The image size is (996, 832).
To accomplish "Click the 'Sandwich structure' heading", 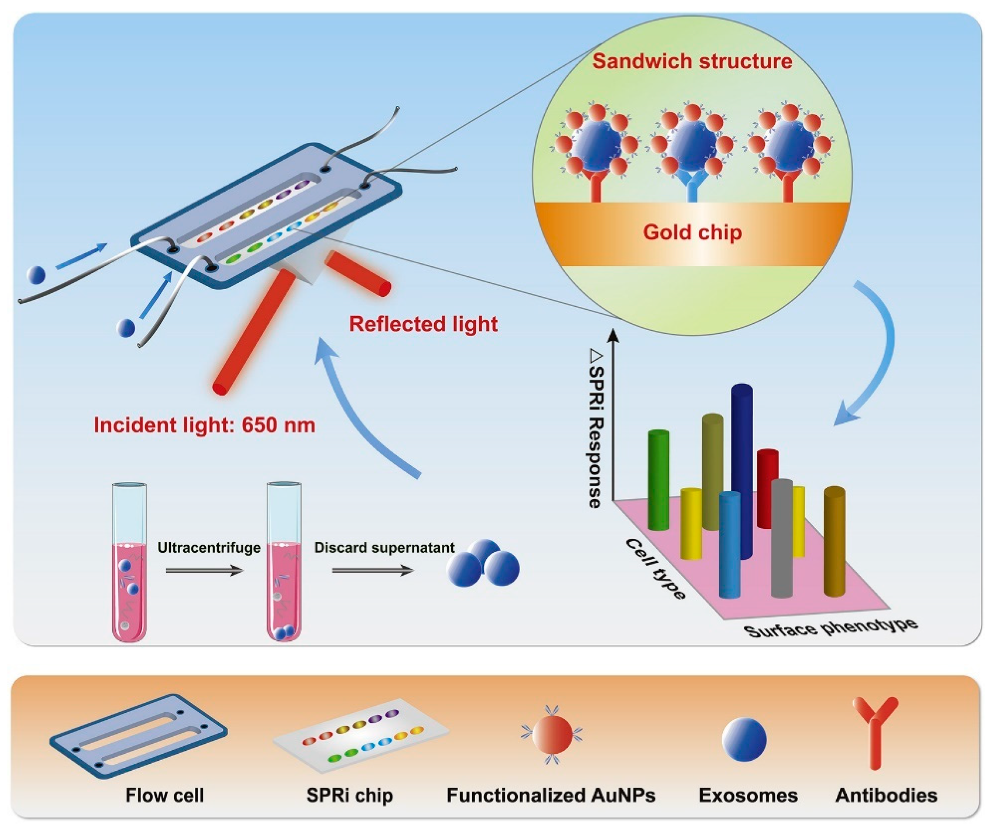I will [691, 62].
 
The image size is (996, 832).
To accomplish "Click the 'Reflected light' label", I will [423, 324].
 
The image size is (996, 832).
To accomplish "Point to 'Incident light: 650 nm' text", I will [204, 425].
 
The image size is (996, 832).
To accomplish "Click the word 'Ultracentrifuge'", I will [209, 548].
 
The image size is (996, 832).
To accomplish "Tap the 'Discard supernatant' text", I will [384, 548].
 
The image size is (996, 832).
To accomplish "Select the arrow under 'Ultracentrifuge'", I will [204, 571].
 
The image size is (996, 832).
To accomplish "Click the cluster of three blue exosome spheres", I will [484, 564].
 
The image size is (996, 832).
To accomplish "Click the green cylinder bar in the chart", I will [658, 479].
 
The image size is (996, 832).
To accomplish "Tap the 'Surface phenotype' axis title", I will [830, 627].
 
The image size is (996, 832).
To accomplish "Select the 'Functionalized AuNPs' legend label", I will [551, 795].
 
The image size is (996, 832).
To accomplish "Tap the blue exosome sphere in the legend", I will [744, 739].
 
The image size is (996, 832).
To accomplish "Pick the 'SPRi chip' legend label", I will [350, 795].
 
